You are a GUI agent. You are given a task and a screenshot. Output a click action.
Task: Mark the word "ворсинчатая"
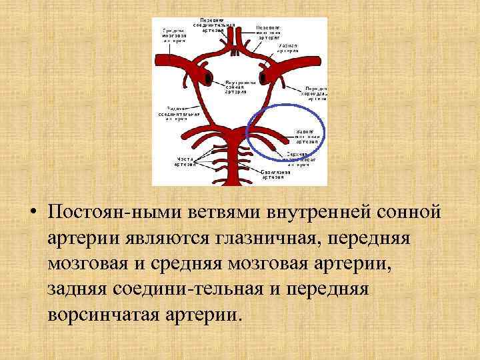(x=103, y=314)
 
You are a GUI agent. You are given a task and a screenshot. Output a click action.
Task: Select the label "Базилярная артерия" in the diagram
(x=275, y=175)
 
